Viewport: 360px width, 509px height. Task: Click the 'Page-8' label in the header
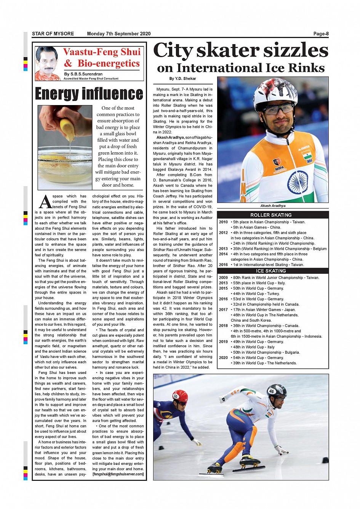click(321, 34)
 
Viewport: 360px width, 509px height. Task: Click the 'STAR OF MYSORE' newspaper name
click(53, 34)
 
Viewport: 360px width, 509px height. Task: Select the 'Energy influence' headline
click(89, 94)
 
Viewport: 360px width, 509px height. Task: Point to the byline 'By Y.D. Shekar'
click(182, 78)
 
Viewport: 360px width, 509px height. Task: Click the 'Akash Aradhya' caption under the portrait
click(273, 206)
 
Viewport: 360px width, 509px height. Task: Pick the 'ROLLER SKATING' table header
click(271, 215)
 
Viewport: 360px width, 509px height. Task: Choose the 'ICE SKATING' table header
click(271, 271)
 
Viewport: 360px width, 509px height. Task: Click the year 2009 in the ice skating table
click(223, 278)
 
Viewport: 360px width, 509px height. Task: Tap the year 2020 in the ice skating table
click(223, 357)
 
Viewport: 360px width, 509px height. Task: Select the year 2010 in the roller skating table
click(223, 222)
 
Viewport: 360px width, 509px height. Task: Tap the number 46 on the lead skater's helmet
click(271, 391)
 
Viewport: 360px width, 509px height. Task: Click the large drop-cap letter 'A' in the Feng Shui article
click(45, 202)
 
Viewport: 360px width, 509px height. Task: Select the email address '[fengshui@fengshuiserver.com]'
click(118, 474)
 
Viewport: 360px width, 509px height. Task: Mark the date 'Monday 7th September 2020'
click(118, 34)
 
